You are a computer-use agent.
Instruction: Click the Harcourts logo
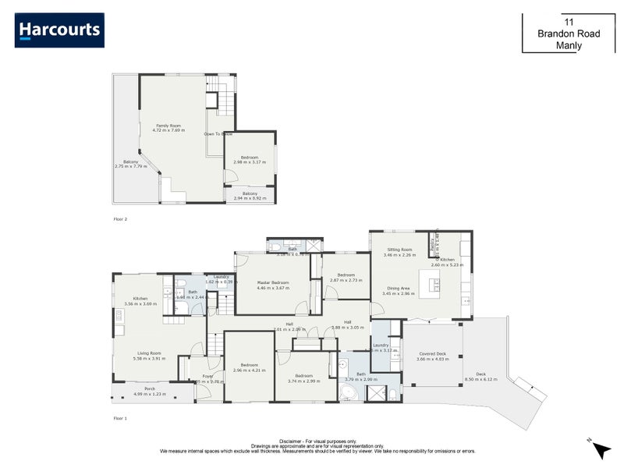coord(59,30)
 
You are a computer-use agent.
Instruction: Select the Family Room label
coord(169,126)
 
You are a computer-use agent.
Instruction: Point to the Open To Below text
coord(218,134)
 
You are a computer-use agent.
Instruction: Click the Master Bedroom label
coord(273,282)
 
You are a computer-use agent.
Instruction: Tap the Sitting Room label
coord(399,250)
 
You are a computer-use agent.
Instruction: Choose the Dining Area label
coord(399,289)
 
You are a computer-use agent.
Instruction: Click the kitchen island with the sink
coord(431,284)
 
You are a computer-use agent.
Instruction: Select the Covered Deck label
coord(431,353)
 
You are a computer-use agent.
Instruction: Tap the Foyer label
coord(207,376)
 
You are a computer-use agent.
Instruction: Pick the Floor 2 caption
coord(120,219)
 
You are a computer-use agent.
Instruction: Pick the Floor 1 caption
coord(120,419)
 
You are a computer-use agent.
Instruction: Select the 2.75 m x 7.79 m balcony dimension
coord(130,166)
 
